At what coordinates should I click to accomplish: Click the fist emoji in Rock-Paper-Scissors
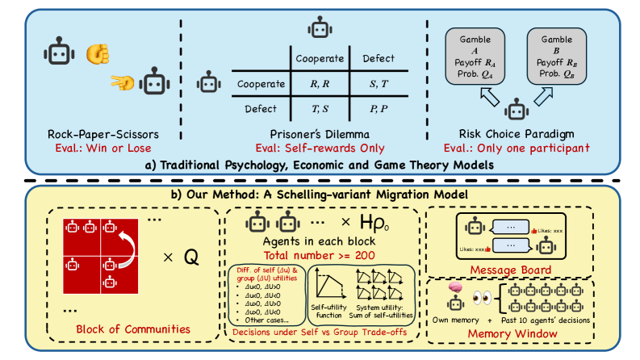click(97, 53)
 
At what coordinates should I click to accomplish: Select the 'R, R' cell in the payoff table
click(318, 83)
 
